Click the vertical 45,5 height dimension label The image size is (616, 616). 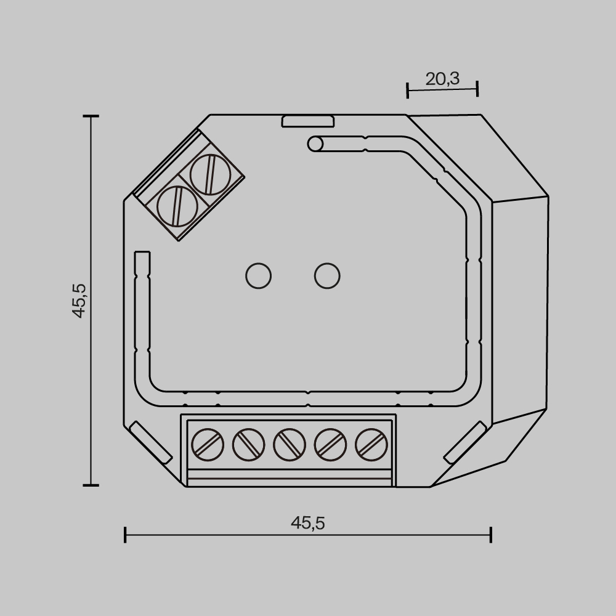79,300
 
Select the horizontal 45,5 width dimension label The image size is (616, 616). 307,523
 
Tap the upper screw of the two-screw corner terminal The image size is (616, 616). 210,174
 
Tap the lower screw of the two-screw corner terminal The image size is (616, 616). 177,206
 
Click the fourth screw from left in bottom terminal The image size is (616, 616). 329,444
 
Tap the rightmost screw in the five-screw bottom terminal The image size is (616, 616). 370,444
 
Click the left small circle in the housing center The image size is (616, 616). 258,275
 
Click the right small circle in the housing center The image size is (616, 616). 327,275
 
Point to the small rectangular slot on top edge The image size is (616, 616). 307,121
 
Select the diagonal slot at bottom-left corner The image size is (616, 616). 151,442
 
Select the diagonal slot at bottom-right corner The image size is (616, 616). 465,442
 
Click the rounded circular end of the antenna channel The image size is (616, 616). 315,144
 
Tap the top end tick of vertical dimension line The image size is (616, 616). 91,116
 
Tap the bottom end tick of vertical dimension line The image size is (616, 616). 91,485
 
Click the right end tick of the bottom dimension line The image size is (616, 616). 490,535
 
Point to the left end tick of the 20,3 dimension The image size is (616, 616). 408,91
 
